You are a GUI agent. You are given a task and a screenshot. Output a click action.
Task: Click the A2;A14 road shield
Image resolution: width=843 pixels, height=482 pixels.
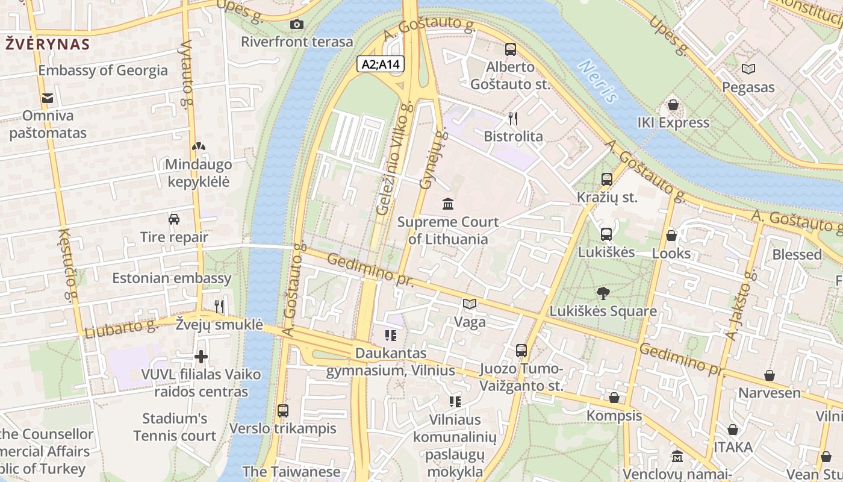(381, 64)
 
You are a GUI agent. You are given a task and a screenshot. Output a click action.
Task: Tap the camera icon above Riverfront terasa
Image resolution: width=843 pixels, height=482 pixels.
(296, 24)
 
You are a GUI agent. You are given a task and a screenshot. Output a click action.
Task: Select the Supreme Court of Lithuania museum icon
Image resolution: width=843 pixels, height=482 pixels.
(448, 204)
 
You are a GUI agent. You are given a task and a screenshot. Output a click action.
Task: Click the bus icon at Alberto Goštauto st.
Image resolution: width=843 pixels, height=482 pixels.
(511, 49)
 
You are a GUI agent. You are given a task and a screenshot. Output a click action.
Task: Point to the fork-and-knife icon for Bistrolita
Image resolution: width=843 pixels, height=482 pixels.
(513, 119)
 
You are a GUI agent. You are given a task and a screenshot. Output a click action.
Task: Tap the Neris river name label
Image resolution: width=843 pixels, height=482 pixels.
(598, 81)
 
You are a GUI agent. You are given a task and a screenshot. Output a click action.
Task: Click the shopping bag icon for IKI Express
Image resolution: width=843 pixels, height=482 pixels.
(673, 105)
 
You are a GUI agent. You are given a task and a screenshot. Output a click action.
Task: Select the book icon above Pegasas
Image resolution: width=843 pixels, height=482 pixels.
(748, 69)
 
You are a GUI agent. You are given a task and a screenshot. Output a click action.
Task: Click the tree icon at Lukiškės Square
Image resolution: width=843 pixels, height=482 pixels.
(603, 293)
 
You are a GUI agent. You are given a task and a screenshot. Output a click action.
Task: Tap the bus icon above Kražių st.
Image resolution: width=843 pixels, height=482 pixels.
(607, 179)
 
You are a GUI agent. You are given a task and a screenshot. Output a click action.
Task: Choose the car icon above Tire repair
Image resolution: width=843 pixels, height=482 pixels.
(174, 219)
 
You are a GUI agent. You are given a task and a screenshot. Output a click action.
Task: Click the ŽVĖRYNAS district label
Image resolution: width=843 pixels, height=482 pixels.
(48, 44)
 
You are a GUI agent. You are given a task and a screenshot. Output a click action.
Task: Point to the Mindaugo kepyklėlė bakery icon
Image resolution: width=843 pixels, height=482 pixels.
(198, 146)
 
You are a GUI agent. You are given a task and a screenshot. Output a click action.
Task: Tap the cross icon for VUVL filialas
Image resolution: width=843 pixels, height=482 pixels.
(201, 357)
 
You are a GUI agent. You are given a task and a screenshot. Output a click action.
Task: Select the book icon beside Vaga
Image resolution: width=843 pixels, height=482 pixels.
(470, 304)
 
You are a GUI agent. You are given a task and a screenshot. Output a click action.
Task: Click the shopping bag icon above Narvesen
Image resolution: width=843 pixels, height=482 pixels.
(770, 375)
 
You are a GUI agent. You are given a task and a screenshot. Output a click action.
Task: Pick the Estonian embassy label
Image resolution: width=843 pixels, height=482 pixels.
(172, 278)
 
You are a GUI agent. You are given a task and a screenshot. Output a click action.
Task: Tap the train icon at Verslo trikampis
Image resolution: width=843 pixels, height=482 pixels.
(282, 411)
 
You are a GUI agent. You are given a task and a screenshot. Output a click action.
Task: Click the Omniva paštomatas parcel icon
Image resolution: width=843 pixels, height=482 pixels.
(47, 98)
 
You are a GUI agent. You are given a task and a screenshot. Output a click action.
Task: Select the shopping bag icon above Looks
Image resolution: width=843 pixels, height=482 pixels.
(671, 236)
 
